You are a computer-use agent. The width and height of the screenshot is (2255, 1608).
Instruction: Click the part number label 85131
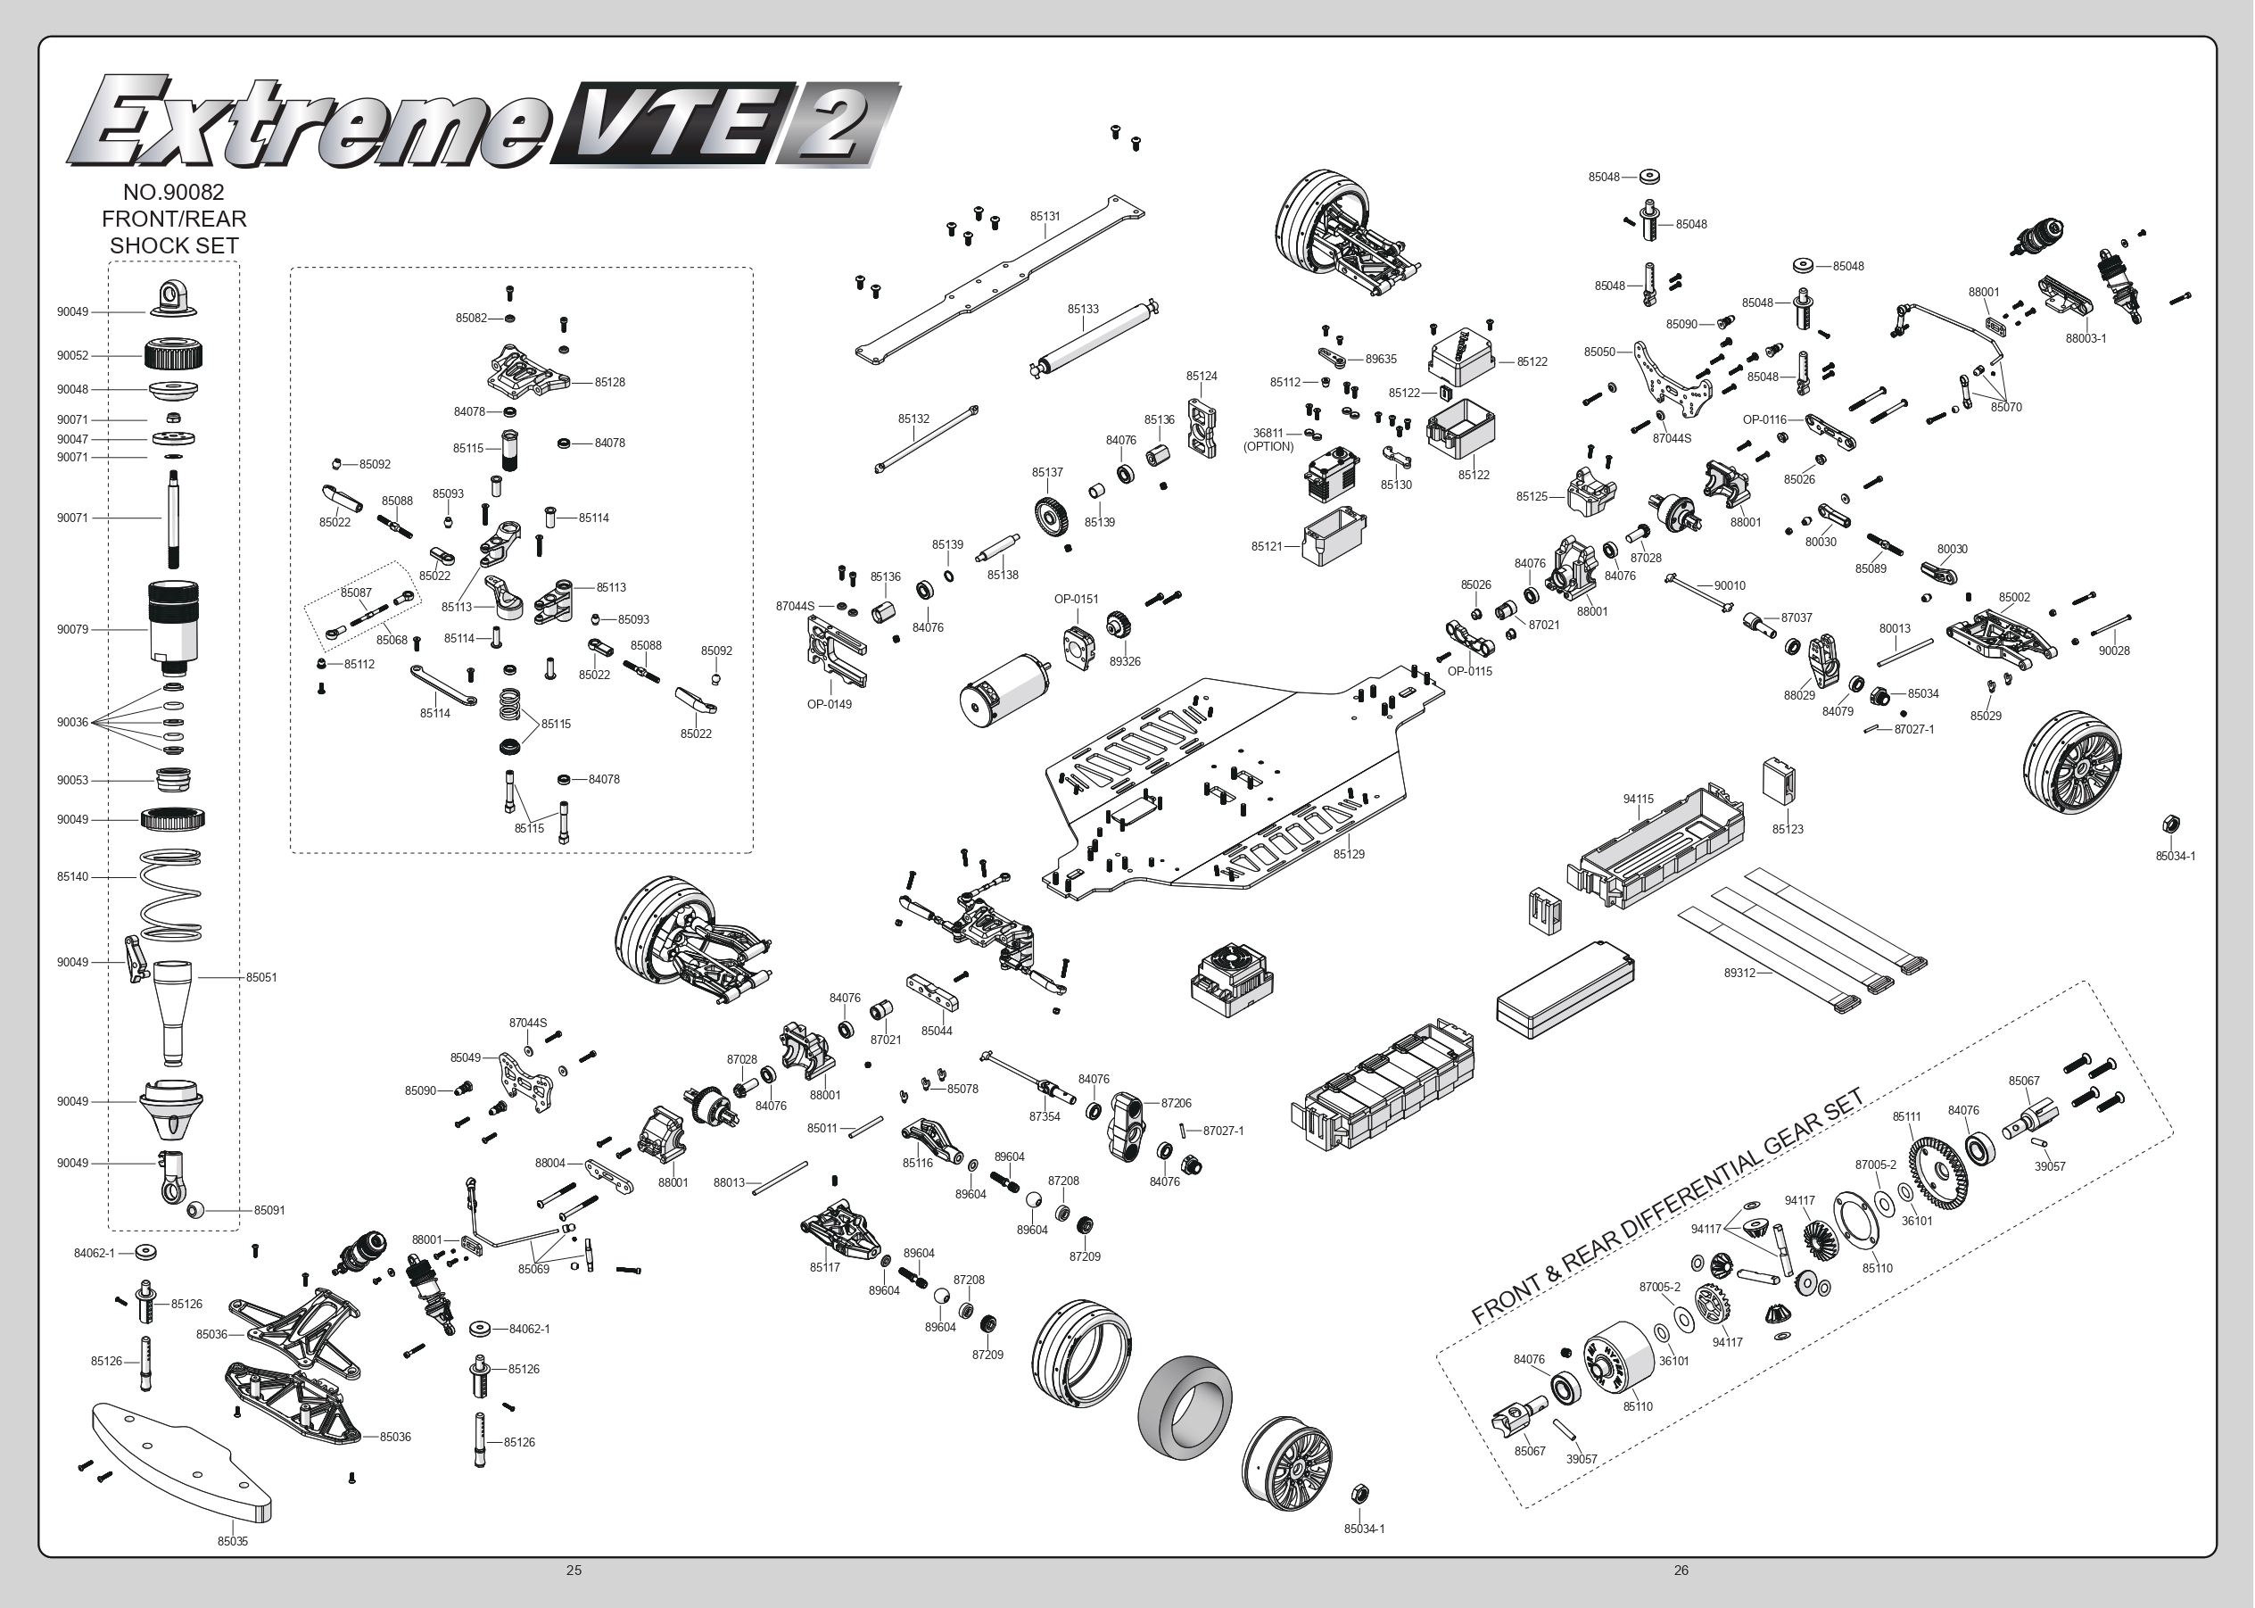click(1045, 216)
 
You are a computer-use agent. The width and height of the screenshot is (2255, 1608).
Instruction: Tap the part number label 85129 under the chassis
click(1348, 853)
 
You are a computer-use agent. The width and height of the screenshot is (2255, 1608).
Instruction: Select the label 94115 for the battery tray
click(1639, 799)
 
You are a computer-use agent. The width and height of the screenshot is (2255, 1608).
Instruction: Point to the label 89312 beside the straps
click(1739, 973)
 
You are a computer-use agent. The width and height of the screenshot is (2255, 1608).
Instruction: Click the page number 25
click(574, 1570)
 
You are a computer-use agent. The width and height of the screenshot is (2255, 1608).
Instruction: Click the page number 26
click(1681, 1570)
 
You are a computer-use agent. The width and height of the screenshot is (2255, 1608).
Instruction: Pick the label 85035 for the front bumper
click(233, 1541)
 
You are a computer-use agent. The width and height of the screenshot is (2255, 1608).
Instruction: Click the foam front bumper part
click(178, 1455)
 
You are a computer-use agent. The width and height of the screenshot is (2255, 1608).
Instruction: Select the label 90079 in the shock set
click(72, 629)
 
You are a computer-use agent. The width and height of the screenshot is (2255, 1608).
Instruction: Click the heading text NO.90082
click(173, 192)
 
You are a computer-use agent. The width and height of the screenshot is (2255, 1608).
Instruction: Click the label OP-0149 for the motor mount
click(829, 704)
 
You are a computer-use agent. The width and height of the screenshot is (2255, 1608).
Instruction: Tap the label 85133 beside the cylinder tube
click(1082, 309)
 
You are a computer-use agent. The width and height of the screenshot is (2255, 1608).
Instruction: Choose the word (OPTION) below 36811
click(1268, 446)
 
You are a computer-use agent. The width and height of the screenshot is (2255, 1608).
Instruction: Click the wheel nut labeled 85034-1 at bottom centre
click(1359, 1493)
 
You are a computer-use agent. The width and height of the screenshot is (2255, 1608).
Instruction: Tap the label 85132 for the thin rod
click(913, 419)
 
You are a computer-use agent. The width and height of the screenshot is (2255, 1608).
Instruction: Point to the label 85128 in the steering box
click(610, 382)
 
